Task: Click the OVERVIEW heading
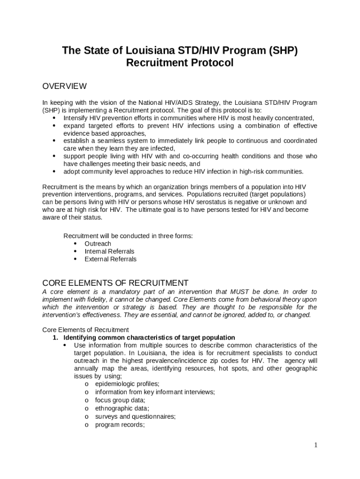[65, 86]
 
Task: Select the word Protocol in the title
[209, 63]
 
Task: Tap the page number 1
[316, 445]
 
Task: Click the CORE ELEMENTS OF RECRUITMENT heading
[115, 283]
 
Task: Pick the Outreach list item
[98, 244]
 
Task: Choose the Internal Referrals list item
[109, 251]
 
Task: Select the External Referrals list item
[110, 259]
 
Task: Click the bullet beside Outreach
[75, 244]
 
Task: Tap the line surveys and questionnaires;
[135, 416]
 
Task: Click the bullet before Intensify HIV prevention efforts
[54, 118]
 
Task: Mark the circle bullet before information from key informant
[87, 392]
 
